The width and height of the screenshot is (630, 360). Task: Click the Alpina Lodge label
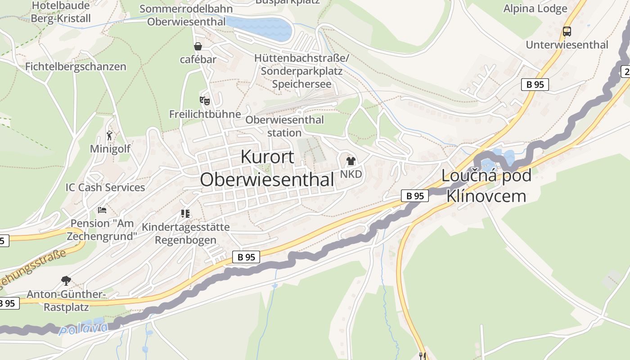[x=535, y=9]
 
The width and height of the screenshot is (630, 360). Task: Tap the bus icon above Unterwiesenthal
[x=567, y=31]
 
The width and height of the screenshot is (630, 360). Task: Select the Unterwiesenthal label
[x=567, y=45]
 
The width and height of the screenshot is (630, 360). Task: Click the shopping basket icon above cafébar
[x=198, y=46]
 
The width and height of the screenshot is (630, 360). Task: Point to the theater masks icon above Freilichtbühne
[x=205, y=101]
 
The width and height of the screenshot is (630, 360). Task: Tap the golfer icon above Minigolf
[x=109, y=135]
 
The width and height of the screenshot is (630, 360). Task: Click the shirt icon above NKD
[x=351, y=161]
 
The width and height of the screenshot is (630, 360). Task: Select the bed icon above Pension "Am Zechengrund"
[x=102, y=210]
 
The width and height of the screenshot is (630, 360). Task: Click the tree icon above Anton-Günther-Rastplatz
[x=66, y=281]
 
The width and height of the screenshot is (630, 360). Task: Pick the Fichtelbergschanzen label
[x=76, y=67]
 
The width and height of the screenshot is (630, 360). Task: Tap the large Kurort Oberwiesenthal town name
[x=267, y=168]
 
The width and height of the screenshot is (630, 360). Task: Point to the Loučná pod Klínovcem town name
[x=486, y=185]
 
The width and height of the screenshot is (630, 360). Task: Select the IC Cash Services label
[x=105, y=187]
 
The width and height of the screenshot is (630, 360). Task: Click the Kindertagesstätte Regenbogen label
[x=185, y=233]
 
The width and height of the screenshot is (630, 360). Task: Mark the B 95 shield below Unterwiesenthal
[x=535, y=84]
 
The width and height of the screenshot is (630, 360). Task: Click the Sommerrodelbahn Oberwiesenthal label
[x=186, y=15]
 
